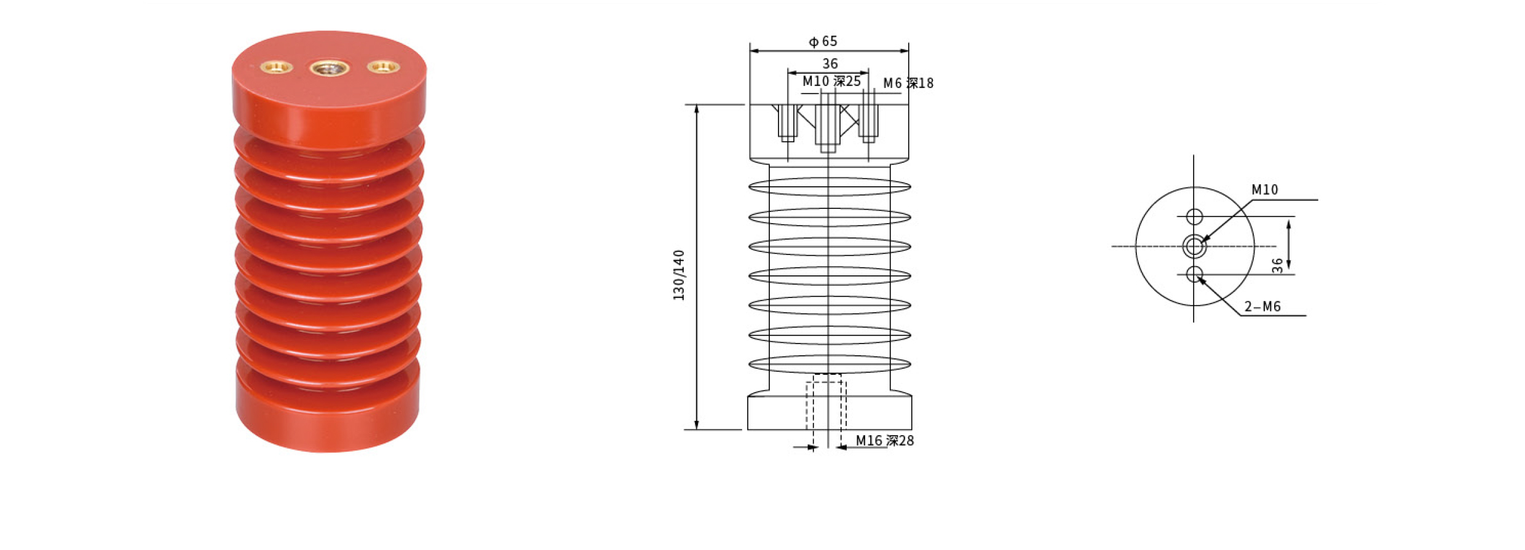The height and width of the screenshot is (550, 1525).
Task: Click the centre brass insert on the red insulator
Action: point(329,68)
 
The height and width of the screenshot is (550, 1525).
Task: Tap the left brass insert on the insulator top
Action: point(277,66)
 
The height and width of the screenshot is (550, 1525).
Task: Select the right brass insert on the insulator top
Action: point(383,66)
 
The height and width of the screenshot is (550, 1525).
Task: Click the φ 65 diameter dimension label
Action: point(823,41)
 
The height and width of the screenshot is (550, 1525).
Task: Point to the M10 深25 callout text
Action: point(831,81)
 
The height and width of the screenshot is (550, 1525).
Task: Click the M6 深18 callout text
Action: point(908,83)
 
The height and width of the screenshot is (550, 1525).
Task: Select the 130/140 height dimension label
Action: point(679,275)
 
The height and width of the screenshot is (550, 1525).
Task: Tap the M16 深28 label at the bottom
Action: point(885,441)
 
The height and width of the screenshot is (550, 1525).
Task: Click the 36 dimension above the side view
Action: point(830,63)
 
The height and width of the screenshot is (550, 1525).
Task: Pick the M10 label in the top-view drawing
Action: point(1265,190)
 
